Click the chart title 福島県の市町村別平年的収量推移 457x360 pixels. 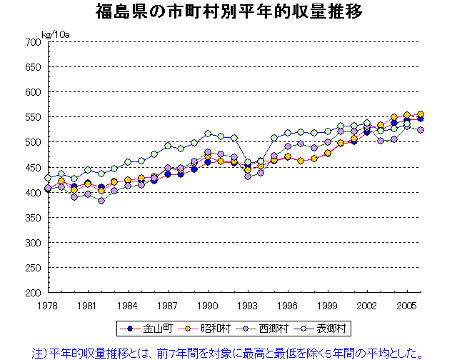pos(228,12)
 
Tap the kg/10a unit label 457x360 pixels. pos(55,34)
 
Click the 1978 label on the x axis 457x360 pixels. pos(48,305)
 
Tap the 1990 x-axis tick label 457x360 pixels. pos(208,305)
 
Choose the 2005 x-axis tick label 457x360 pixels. pos(408,305)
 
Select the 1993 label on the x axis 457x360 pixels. pos(248,305)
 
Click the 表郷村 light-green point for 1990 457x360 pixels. pos(208,134)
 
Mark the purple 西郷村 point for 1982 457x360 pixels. pos(101,201)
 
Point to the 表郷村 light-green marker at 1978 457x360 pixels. pos(48,178)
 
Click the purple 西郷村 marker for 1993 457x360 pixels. pos(248,176)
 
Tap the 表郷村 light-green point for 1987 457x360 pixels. pos(168,146)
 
